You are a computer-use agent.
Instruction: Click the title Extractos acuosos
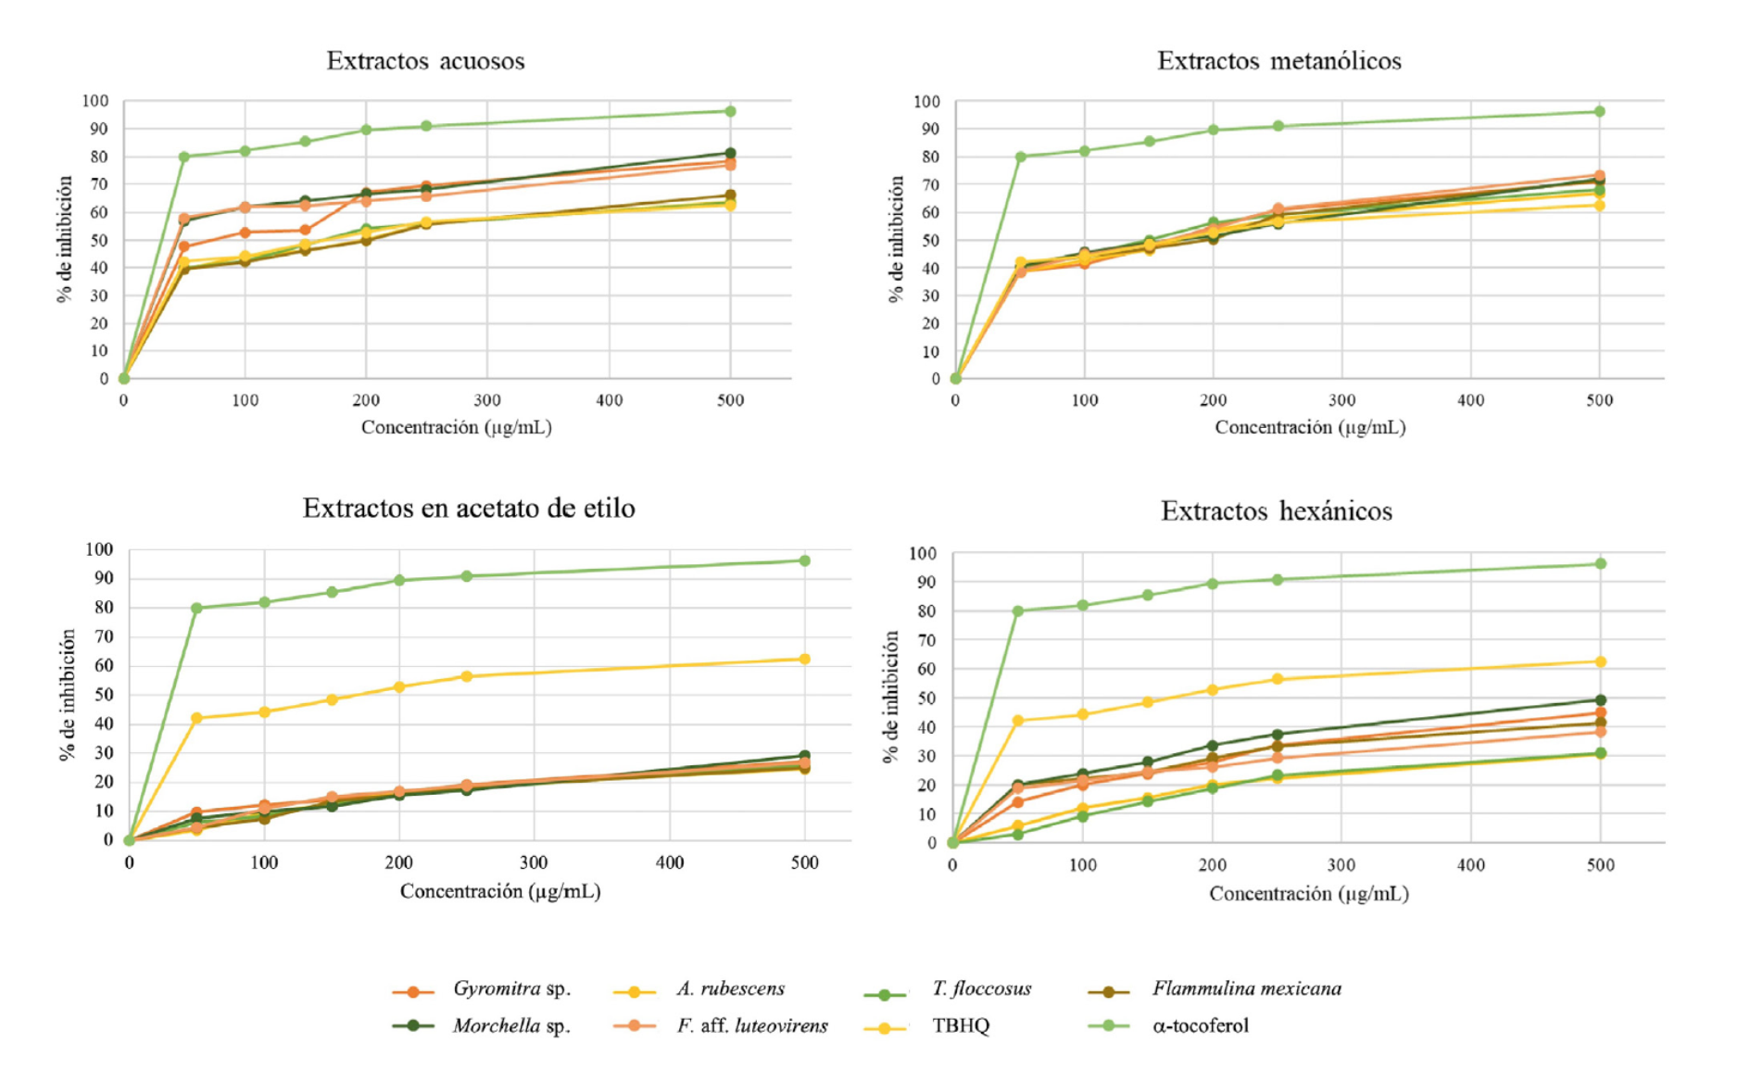pyautogui.click(x=425, y=61)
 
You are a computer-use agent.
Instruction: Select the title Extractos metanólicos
pyautogui.click(x=1278, y=61)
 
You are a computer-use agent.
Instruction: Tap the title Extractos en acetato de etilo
pyautogui.click(x=469, y=509)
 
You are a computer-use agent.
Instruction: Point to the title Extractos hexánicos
pyautogui.click(x=1276, y=511)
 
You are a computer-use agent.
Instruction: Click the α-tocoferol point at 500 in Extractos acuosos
pyautogui.click(x=730, y=111)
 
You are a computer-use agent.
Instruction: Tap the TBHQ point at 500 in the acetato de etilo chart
pyautogui.click(x=804, y=660)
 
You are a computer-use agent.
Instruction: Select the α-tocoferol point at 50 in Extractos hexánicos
pyautogui.click(x=1017, y=611)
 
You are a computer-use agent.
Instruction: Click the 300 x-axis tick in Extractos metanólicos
pyautogui.click(x=1341, y=401)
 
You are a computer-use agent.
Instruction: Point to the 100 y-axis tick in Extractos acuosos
pyautogui.click(x=95, y=101)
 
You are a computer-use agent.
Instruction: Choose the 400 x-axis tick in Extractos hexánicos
pyautogui.click(x=1470, y=865)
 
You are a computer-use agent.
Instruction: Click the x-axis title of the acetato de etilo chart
pyautogui.click(x=500, y=891)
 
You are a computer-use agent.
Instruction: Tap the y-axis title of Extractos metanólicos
pyautogui.click(x=896, y=239)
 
